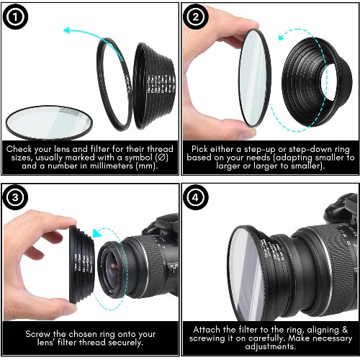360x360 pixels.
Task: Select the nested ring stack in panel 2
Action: pyautogui.click(x=318, y=79)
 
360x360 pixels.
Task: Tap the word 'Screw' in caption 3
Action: pyautogui.click(x=39, y=334)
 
